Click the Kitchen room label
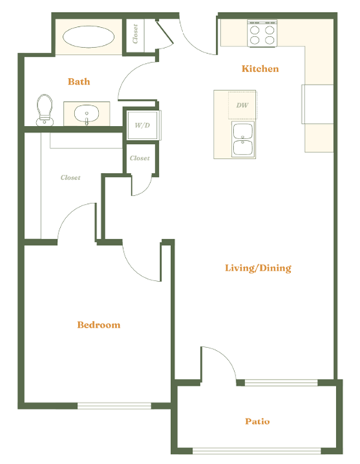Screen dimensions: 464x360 point(260,69)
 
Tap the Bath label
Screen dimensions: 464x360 point(79,81)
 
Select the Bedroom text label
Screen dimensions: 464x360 point(99,325)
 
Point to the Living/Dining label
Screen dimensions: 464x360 point(258,268)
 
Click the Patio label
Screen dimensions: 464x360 point(256,421)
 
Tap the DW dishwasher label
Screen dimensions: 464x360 point(241,106)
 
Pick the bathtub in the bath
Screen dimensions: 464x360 point(88,37)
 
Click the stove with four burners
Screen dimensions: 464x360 point(262,32)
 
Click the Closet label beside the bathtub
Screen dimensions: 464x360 point(135,35)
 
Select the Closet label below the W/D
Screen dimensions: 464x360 point(139,158)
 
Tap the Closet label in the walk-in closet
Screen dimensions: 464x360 point(70,178)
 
